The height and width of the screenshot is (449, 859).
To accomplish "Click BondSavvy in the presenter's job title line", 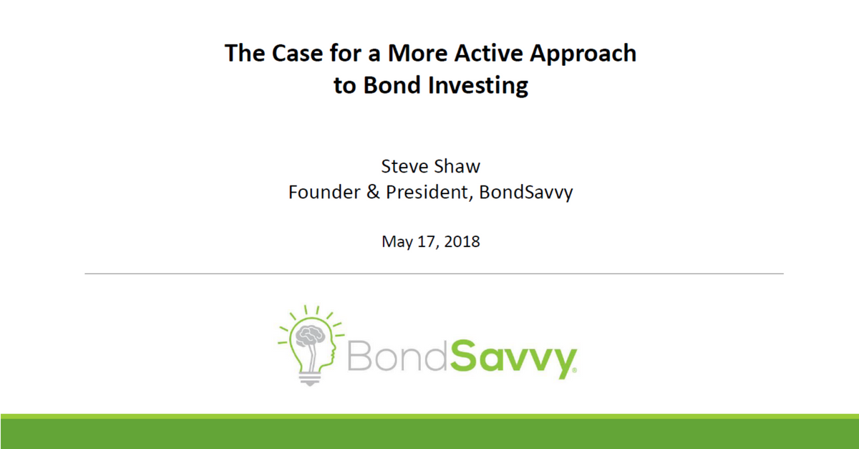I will pyautogui.click(x=527, y=193).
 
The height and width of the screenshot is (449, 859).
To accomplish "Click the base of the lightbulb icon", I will pyautogui.click(x=310, y=379).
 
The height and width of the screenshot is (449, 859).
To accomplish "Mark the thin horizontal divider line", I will pyautogui.click(x=434, y=274).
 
